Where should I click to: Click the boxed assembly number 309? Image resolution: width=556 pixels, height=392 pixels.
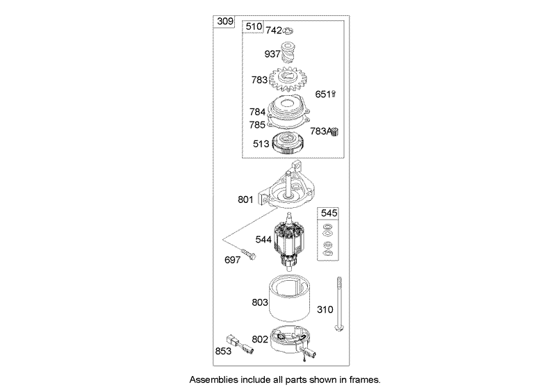click(x=224, y=21)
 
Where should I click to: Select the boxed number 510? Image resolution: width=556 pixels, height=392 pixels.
click(x=253, y=28)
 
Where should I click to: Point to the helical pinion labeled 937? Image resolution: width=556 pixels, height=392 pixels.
click(x=291, y=53)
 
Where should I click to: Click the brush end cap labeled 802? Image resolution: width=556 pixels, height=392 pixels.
click(x=292, y=342)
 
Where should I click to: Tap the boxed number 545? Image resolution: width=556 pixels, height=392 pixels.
click(x=328, y=213)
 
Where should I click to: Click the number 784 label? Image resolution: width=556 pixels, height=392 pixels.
click(x=257, y=112)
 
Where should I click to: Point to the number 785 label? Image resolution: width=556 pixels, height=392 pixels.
click(x=257, y=125)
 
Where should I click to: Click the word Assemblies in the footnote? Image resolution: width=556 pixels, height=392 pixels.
click(x=212, y=381)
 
